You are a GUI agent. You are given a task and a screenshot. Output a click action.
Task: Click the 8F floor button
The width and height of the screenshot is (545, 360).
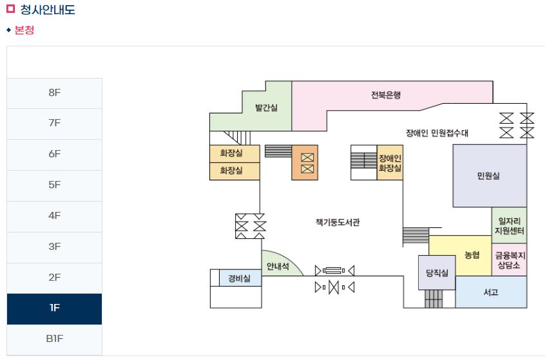coord(54,93)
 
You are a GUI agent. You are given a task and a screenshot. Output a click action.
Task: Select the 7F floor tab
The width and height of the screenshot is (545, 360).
coord(54,124)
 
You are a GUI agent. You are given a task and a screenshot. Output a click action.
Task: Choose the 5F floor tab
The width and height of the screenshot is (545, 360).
coord(54,185)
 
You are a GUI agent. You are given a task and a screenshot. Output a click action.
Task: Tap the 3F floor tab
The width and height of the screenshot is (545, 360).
coord(54,247)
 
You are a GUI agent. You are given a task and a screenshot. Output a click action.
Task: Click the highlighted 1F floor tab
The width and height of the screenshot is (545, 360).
coord(54,308)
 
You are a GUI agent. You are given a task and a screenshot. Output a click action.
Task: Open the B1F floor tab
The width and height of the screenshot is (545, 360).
coord(54,339)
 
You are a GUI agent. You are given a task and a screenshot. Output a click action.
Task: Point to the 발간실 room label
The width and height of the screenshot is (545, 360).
coord(266,108)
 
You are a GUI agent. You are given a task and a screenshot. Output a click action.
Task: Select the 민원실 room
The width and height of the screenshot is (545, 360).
coord(488,176)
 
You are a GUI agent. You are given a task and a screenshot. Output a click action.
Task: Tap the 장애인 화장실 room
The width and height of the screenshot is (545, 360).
coord(390,163)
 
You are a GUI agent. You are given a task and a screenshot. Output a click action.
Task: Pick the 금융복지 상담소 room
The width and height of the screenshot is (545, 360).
coord(510,260)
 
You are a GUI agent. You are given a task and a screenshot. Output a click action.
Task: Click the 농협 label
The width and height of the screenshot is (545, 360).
coord(472,255)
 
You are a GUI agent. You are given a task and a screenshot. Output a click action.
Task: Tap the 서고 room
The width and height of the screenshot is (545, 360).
coord(491,292)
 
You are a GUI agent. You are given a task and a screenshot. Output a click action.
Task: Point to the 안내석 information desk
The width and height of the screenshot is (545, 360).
coord(278,267)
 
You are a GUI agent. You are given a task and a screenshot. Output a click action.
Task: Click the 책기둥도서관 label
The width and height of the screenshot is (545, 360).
coord(338,222)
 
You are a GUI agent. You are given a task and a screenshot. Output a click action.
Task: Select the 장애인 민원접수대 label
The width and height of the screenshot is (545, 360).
coord(437,133)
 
